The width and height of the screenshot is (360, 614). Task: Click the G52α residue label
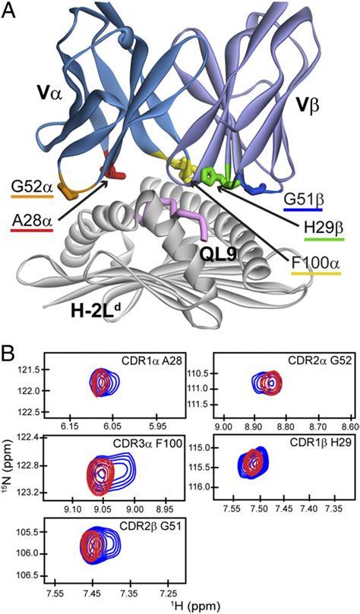(x=32, y=187)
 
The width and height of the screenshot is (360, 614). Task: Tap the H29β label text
(x=324, y=227)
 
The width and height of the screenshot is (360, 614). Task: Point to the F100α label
(x=316, y=262)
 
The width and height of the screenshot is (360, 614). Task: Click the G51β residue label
(x=303, y=200)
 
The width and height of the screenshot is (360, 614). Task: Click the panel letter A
(x=9, y=11)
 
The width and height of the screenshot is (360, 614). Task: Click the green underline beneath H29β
(x=324, y=239)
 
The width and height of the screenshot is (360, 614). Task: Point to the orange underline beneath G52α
(x=32, y=196)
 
